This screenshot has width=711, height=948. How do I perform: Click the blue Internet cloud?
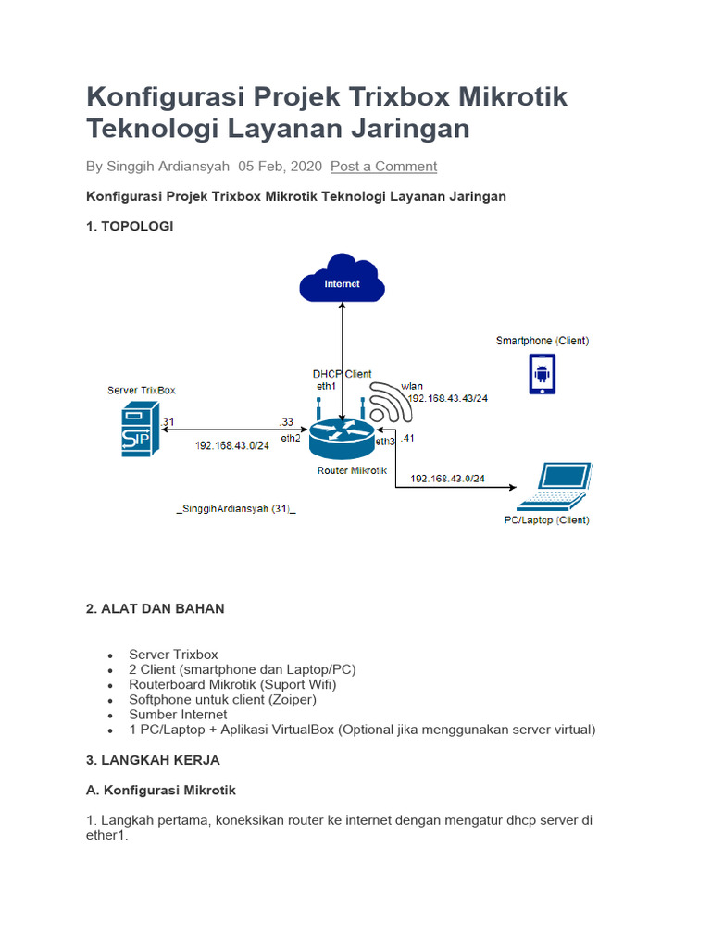point(342,279)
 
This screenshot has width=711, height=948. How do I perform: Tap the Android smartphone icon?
point(542,374)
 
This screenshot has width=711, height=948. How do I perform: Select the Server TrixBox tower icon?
point(142,430)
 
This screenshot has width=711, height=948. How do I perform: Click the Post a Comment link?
point(383,166)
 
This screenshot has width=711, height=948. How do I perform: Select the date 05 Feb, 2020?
point(280,166)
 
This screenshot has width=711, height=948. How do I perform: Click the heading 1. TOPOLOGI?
point(130,225)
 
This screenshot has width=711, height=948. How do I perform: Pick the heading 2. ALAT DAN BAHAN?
point(155,608)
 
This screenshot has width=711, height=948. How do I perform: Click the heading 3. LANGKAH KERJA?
point(153,759)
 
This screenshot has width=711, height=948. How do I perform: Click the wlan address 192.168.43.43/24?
point(448,397)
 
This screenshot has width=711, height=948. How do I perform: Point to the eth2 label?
point(291,437)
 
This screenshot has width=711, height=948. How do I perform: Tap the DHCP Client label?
point(342,374)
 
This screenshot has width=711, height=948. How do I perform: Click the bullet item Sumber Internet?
point(178,714)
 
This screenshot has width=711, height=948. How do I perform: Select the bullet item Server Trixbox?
point(173,654)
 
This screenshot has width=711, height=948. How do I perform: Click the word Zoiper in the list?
point(293,699)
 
